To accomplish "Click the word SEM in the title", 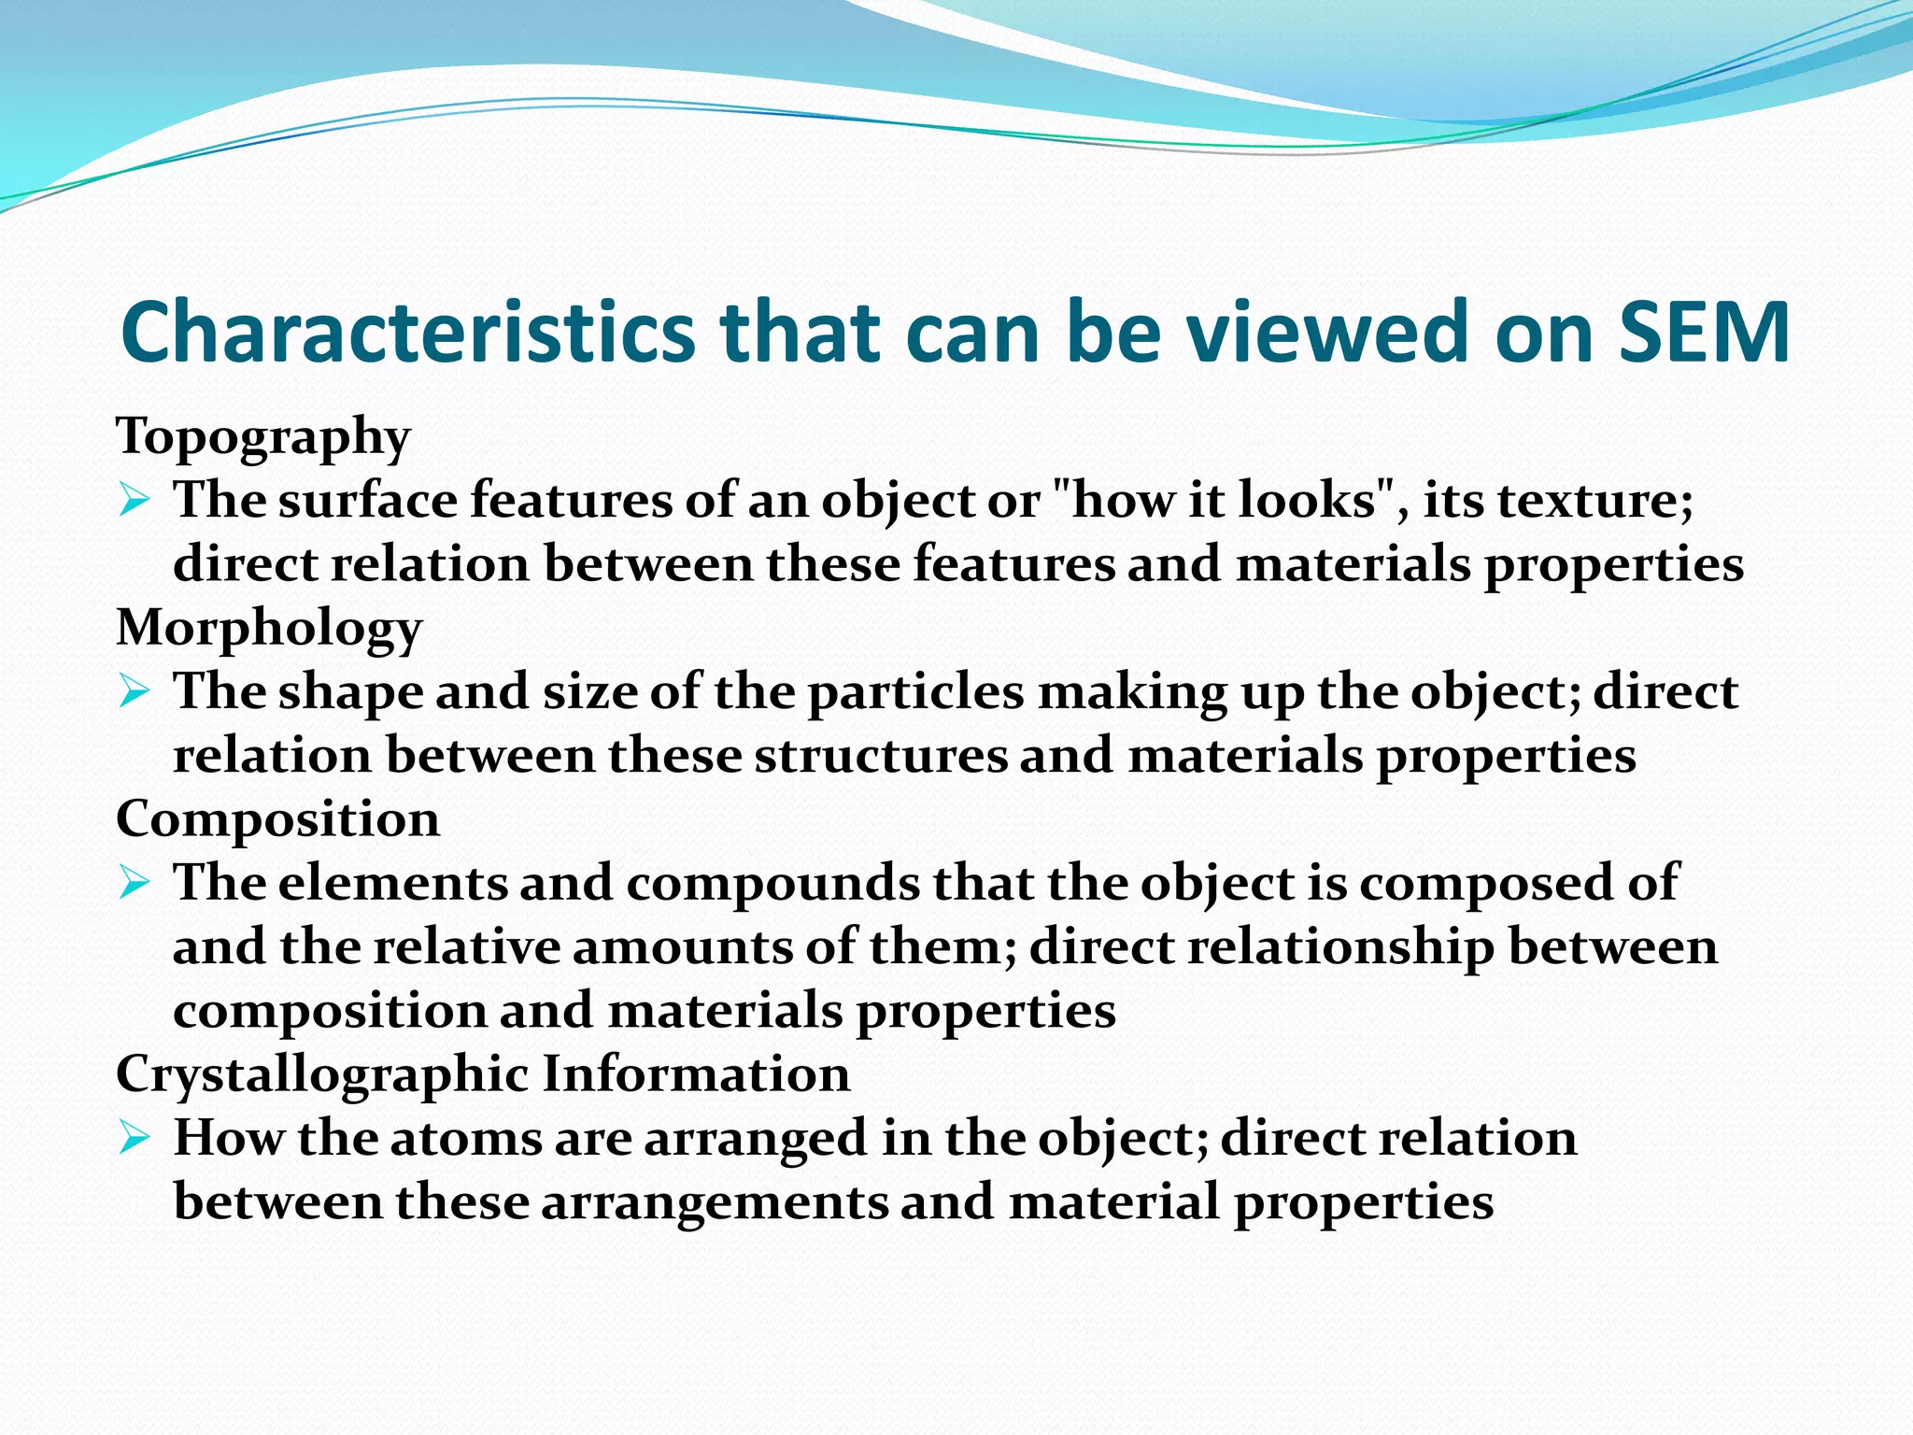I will [1704, 332].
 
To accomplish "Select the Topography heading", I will [262, 436].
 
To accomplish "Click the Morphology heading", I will [269, 628].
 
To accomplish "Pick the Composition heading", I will [277, 819].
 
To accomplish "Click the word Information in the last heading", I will [696, 1073].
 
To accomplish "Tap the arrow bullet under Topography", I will [135, 502].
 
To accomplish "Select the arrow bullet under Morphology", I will [135, 693].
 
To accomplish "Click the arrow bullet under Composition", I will [135, 884].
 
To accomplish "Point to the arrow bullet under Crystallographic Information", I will [135, 1139].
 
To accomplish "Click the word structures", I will [881, 756].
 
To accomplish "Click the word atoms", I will [464, 1139].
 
